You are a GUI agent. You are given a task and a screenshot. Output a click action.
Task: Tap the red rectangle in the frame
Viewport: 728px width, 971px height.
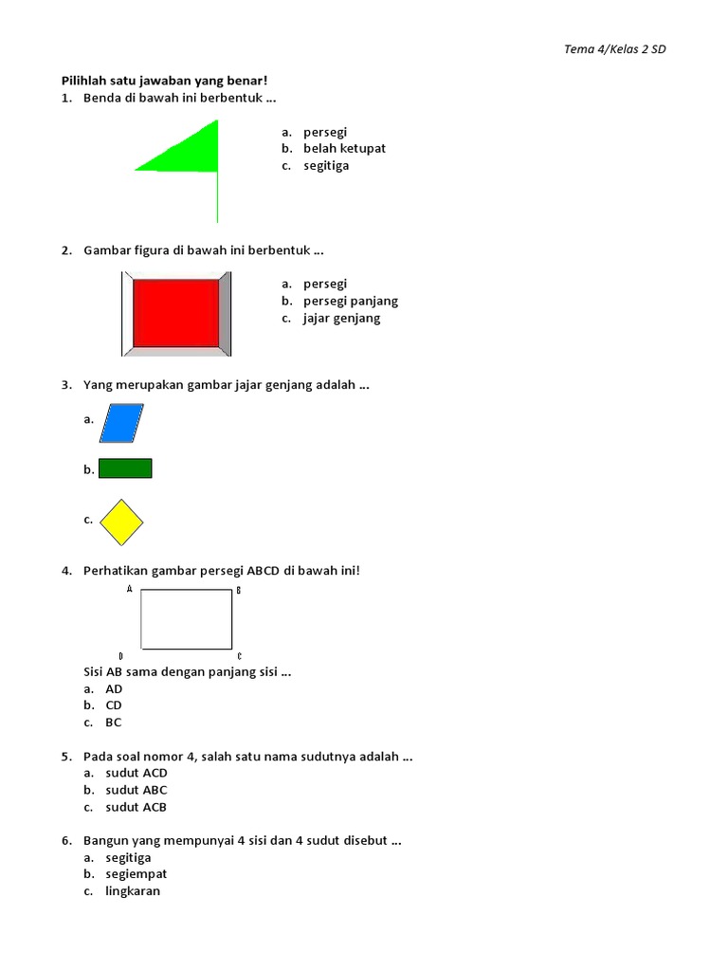pos(176,313)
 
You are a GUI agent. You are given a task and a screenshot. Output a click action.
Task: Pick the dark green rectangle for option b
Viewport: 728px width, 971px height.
pos(125,468)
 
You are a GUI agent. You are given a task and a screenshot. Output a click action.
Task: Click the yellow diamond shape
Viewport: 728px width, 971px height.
pos(121,522)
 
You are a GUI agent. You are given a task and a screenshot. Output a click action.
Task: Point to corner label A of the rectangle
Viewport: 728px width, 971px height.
pos(129,590)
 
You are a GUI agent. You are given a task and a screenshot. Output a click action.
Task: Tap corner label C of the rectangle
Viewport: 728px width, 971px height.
pos(239,656)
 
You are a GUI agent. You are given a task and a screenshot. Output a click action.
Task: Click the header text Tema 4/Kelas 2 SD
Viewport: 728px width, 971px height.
pos(614,49)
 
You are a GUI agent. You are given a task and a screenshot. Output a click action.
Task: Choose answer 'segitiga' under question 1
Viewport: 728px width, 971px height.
pos(326,166)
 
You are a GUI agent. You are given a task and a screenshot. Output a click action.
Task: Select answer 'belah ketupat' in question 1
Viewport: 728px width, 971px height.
pos(344,149)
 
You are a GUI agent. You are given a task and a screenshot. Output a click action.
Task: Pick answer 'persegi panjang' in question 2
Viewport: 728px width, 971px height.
pos(351,302)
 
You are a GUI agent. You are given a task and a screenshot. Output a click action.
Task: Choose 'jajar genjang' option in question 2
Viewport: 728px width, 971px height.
pos(341,319)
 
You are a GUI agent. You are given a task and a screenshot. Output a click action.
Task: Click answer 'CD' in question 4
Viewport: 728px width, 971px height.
pos(114,705)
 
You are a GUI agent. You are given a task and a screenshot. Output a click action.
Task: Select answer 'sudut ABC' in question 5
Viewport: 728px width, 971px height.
pos(136,790)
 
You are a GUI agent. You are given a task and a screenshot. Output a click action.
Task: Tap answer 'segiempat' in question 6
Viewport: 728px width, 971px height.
pos(136,874)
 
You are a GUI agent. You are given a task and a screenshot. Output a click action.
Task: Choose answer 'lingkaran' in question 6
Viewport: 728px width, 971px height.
pos(133,891)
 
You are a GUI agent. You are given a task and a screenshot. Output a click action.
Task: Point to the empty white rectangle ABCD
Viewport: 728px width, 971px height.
pos(187,619)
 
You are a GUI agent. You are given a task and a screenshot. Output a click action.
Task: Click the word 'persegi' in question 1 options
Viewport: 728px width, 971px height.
pos(325,132)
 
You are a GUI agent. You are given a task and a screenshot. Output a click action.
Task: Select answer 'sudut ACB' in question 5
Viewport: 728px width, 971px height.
pos(136,807)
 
